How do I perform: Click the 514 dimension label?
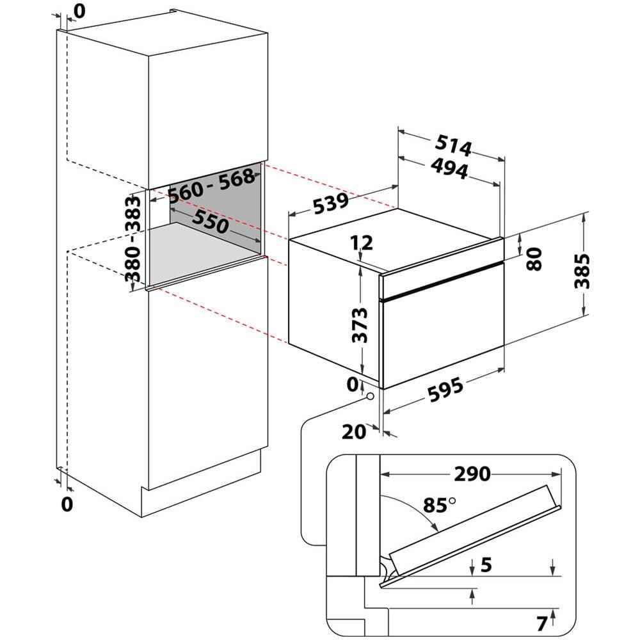pyautogui.click(x=455, y=146)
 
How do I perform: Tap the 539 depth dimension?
pyautogui.click(x=330, y=205)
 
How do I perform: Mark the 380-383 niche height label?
pyautogui.click(x=134, y=238)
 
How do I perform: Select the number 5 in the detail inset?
pyautogui.click(x=486, y=564)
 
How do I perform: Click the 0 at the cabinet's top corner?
pyautogui.click(x=79, y=10)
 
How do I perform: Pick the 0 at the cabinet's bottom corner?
pyautogui.click(x=67, y=503)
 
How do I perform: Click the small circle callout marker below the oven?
pyautogui.click(x=369, y=397)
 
